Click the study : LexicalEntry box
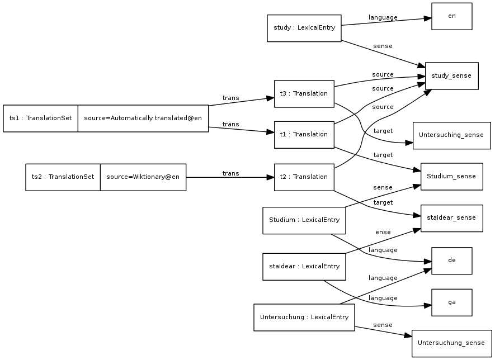(304, 28)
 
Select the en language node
(451, 16)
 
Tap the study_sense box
(451, 76)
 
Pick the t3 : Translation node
(304, 93)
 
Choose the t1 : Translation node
(304, 134)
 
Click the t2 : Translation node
(304, 177)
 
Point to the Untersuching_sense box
(451, 135)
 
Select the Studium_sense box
(451, 177)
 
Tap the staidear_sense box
(451, 218)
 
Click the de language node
(451, 260)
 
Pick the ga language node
(451, 302)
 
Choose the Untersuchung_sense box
(451, 343)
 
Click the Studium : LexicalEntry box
(304, 220)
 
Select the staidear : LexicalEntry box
(304, 267)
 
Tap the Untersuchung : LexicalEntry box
(304, 318)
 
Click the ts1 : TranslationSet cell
(40, 119)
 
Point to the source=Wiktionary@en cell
(143, 177)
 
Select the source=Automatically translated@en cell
(143, 119)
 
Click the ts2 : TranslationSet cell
(63, 177)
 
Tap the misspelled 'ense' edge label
(383, 232)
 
